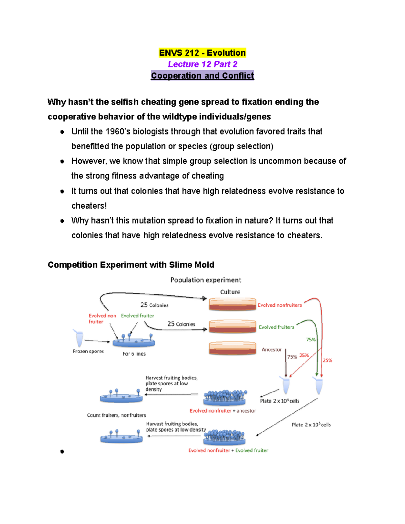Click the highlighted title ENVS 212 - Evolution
click(x=202, y=53)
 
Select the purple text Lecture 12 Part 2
click(x=202, y=64)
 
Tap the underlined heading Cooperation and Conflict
click(x=202, y=76)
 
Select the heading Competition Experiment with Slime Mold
click(x=131, y=265)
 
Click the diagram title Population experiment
click(x=206, y=280)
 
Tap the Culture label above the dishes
click(x=230, y=292)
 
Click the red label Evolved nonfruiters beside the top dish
click(x=280, y=305)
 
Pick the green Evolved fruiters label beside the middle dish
click(x=276, y=327)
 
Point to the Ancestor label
click(x=271, y=350)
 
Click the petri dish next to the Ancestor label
click(x=232, y=348)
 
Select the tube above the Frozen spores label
click(x=79, y=338)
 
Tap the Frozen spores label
click(x=88, y=351)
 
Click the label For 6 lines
click(x=134, y=354)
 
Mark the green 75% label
click(x=311, y=339)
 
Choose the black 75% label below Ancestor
click(x=292, y=357)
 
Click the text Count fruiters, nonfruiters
click(x=116, y=415)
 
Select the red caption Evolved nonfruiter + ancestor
click(x=222, y=411)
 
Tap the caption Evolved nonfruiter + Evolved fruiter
click(x=228, y=450)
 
